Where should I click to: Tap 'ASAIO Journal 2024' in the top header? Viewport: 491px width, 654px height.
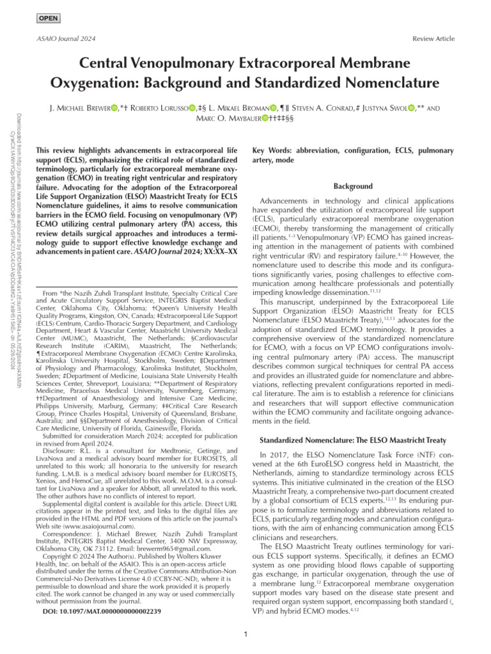[58, 39]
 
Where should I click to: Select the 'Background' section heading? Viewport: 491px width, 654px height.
[354, 186]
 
